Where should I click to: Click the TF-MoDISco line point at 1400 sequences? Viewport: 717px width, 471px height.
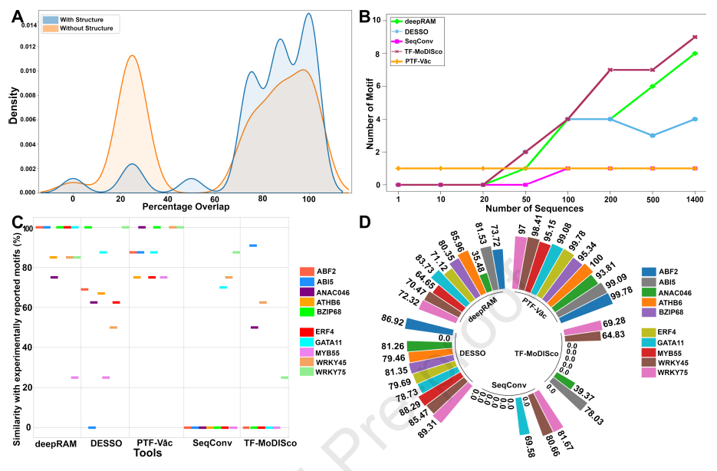click(x=695, y=37)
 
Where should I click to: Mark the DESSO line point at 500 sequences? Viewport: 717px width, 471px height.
click(x=652, y=136)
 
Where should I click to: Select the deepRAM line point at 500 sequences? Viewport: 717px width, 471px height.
click(x=652, y=86)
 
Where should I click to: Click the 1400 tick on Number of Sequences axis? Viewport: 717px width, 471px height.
click(x=695, y=197)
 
